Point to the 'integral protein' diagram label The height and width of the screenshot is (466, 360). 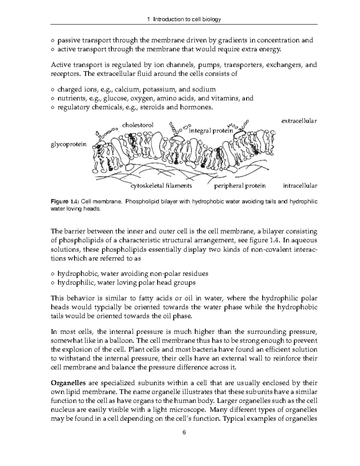point(211,131)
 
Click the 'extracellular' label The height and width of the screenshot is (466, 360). point(299,121)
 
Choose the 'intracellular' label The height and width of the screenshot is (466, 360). point(300,186)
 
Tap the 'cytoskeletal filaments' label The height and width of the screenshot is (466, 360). point(161,186)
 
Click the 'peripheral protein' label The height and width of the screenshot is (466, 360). point(240,186)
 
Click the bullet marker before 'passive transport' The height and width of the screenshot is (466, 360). point(53,41)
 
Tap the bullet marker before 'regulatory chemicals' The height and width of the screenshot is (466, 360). point(53,107)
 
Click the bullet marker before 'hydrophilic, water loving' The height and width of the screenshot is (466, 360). point(53,283)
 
